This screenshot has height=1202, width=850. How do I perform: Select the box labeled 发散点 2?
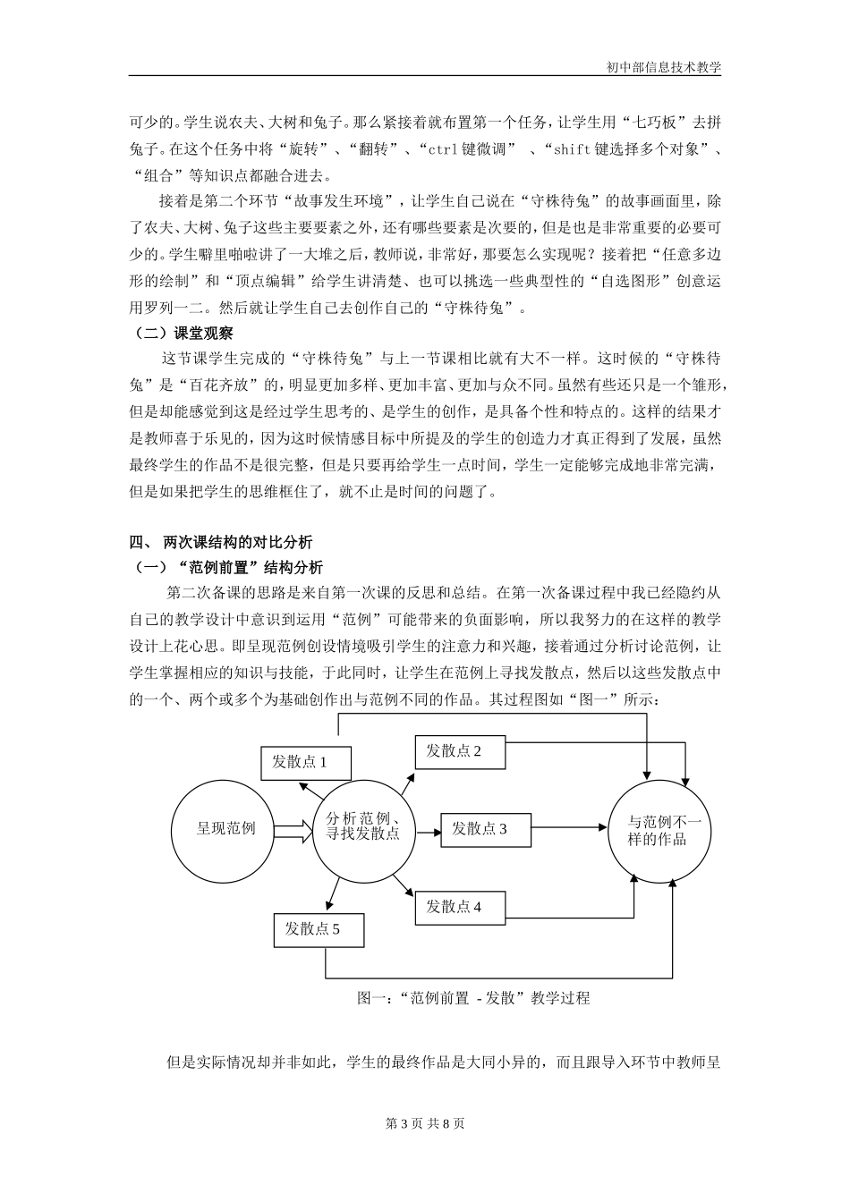pos(460,752)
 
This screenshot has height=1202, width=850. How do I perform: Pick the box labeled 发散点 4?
pos(460,907)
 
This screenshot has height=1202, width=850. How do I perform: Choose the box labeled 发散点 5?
pos(319,929)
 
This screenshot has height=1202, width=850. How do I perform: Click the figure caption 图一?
pos(473,998)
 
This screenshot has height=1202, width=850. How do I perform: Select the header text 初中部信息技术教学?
pos(663,67)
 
